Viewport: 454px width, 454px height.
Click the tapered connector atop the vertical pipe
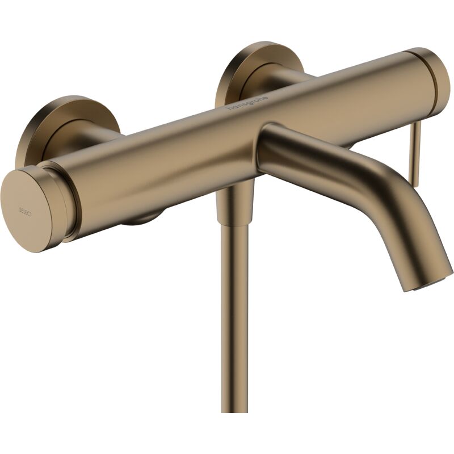point(234,207)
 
